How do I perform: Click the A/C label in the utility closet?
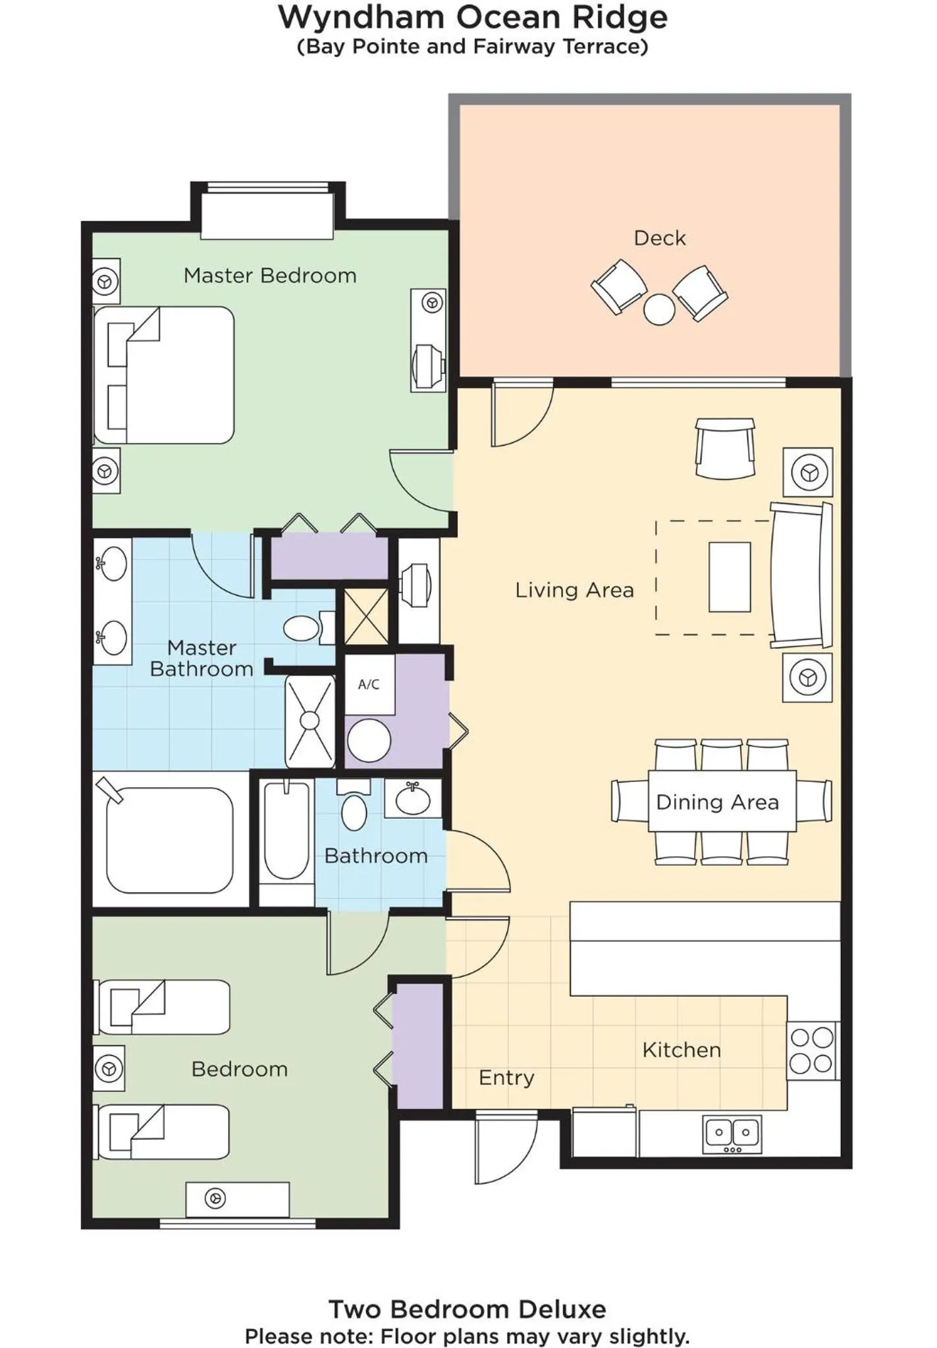pos(369,685)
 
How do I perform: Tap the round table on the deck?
pos(659,309)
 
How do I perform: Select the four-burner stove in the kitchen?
pos(812,1050)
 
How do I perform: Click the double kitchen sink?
pos(732,1133)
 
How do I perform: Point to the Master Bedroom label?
pos(270,275)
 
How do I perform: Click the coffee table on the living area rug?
pos(730,577)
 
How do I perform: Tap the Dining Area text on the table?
pos(717,802)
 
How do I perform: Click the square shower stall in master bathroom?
pos(309,721)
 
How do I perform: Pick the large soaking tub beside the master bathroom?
pos(170,840)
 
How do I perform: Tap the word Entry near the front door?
pos(506,1077)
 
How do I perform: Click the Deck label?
pos(659,238)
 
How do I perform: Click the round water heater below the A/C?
pos(369,740)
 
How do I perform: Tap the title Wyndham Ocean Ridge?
pos(472,17)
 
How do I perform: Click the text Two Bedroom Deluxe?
pos(467,1309)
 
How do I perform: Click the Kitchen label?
pos(682,1050)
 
